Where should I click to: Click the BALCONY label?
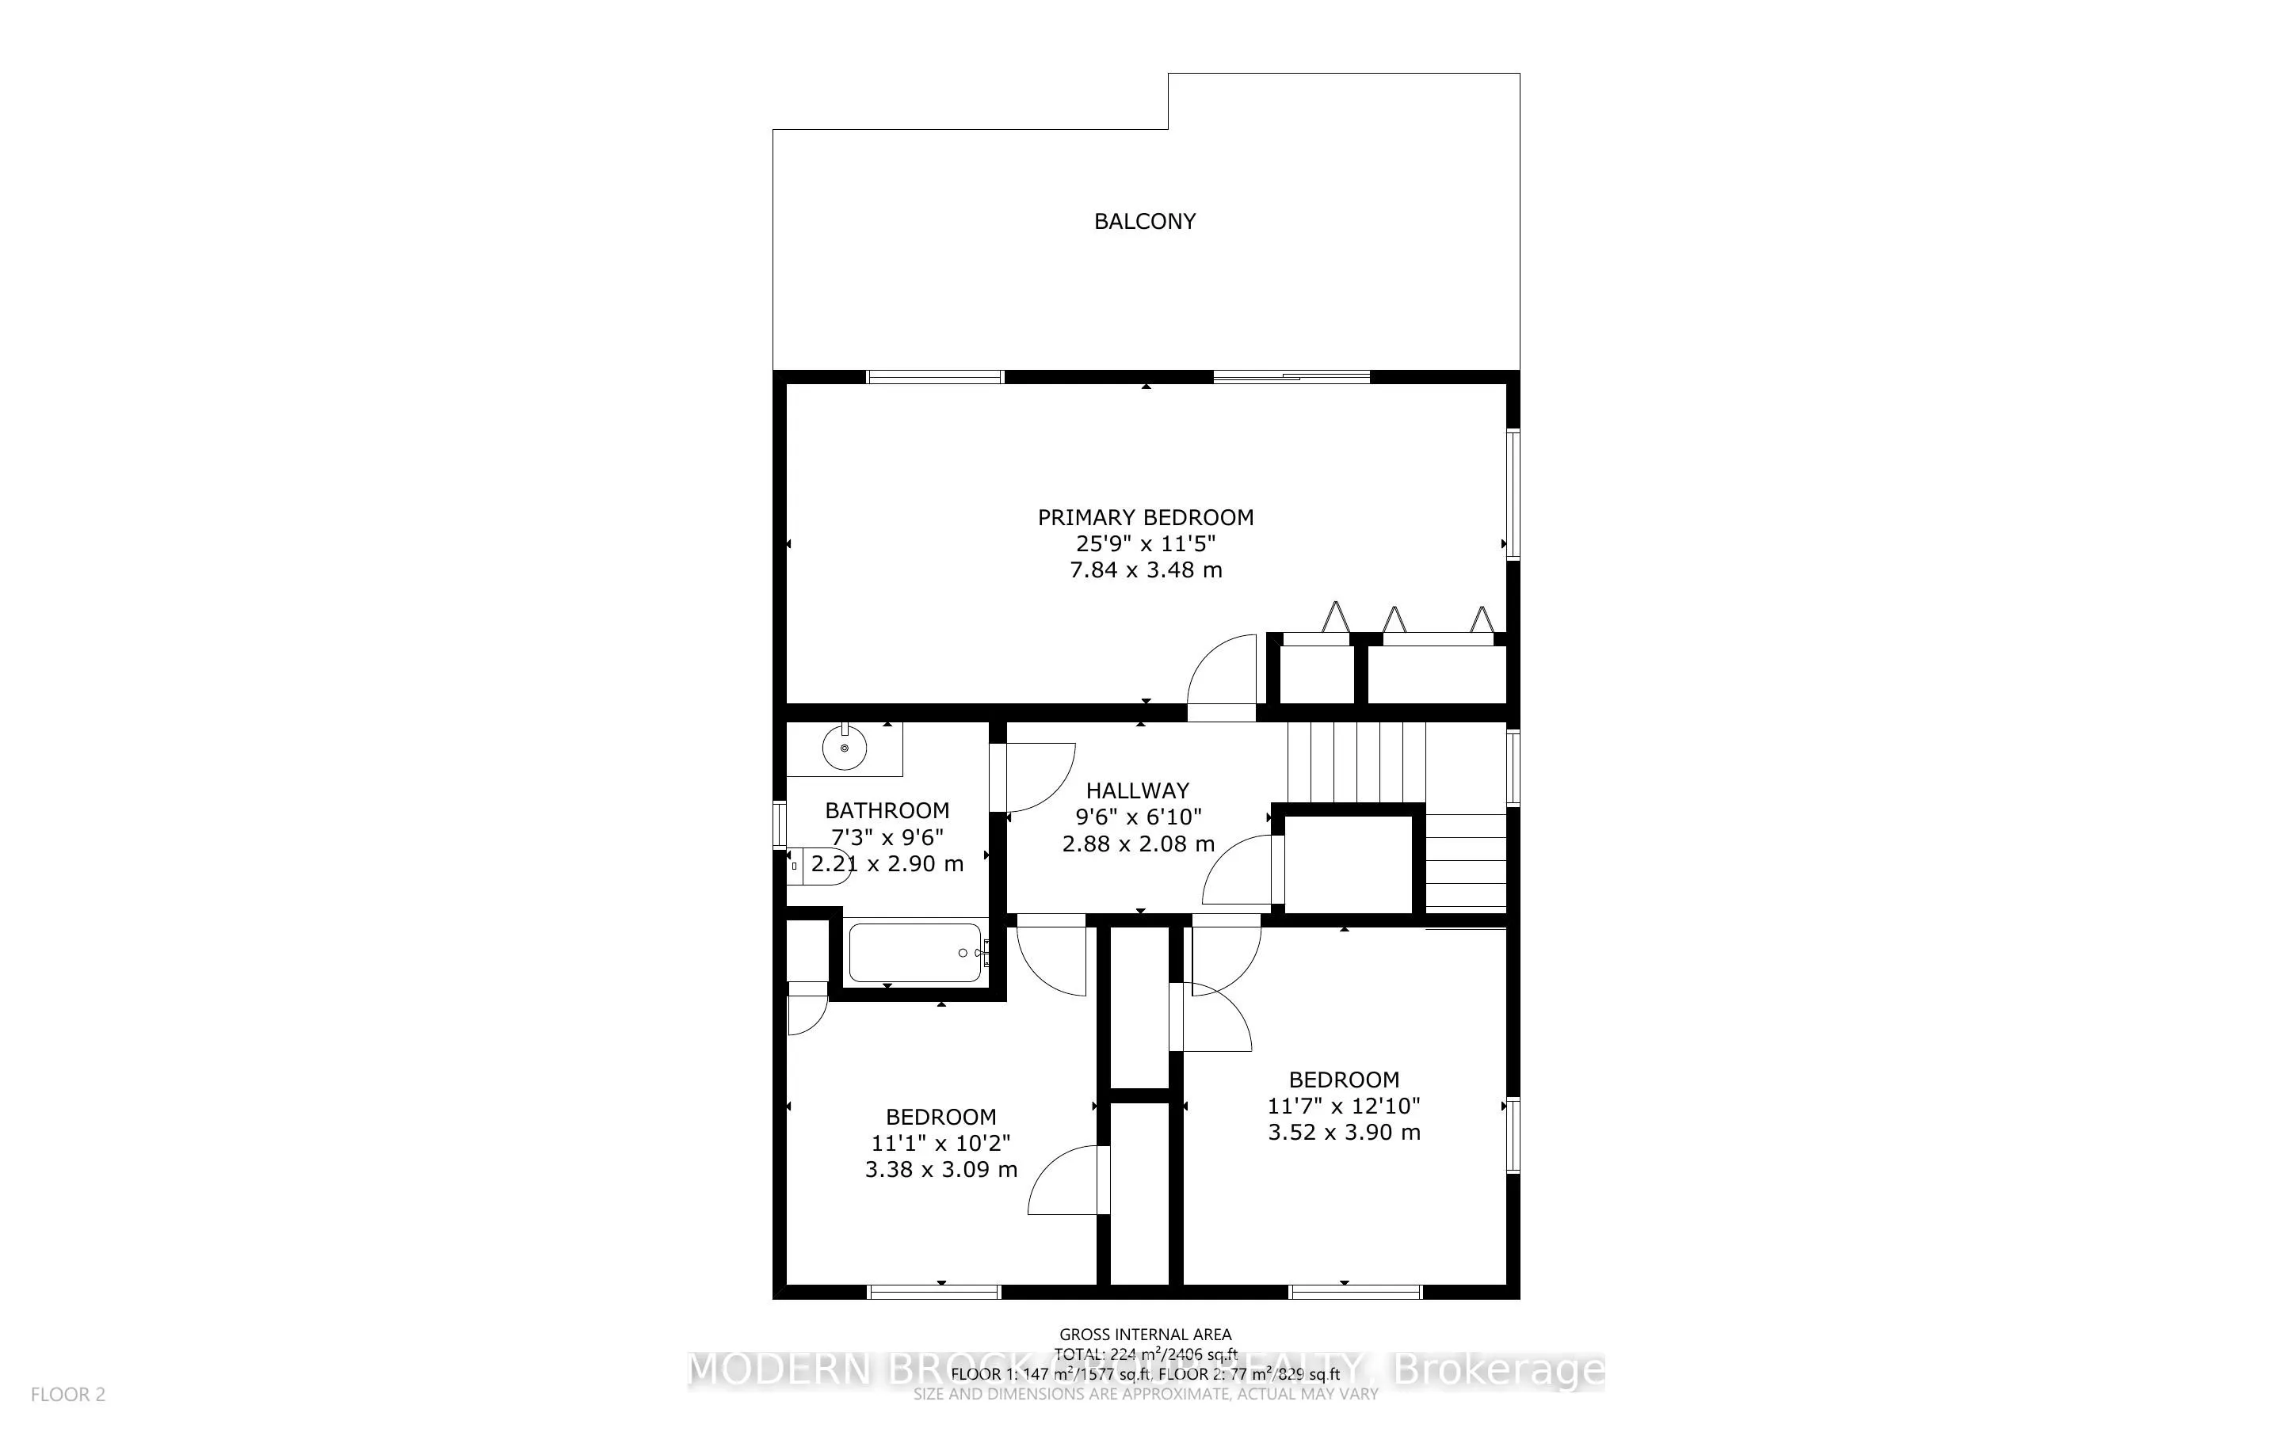pyautogui.click(x=1144, y=222)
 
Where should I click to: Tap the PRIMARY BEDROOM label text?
pyautogui.click(x=1145, y=517)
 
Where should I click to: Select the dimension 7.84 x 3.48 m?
pyautogui.click(x=1145, y=570)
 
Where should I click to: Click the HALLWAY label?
pyautogui.click(x=1136, y=790)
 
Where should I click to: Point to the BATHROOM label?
pyautogui.click(x=887, y=811)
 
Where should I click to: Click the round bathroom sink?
pyautogui.click(x=845, y=749)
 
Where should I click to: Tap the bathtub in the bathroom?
pyautogui.click(x=915, y=952)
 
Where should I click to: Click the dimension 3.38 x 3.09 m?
pyautogui.click(x=940, y=1170)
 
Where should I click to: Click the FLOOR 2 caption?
pyautogui.click(x=68, y=1394)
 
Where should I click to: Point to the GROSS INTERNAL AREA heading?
pyautogui.click(x=1145, y=1335)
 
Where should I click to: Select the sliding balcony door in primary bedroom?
pyautogui.click(x=1291, y=377)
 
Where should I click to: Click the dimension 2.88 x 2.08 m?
pyautogui.click(x=1138, y=844)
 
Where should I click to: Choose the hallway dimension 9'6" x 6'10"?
pyautogui.click(x=1138, y=817)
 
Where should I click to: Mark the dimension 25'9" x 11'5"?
pyautogui.click(x=1145, y=543)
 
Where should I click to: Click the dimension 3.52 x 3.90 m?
pyautogui.click(x=1343, y=1133)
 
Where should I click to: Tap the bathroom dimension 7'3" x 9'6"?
pyautogui.click(x=887, y=837)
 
